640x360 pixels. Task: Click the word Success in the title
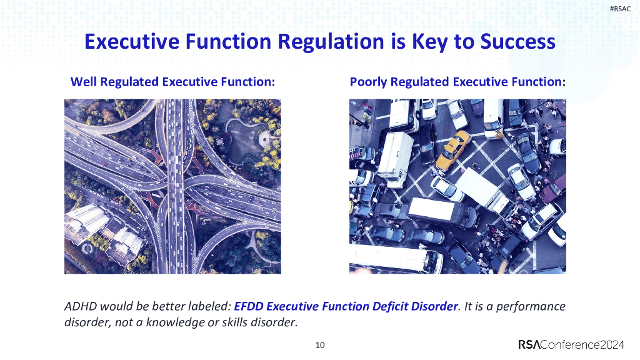click(x=517, y=42)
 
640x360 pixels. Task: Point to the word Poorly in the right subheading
click(x=368, y=82)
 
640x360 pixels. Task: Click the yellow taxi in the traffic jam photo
click(x=453, y=149)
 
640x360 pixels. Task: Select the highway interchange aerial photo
click(x=172, y=186)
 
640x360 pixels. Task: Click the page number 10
click(x=320, y=345)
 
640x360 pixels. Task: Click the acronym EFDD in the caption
click(x=250, y=307)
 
